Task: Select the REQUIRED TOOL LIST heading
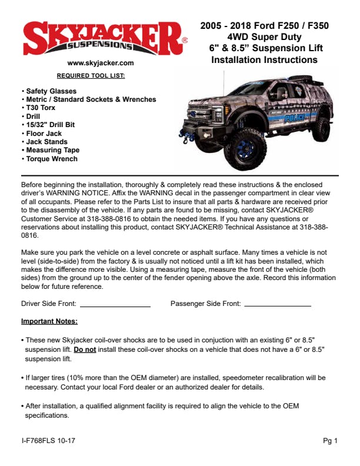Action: (91, 76)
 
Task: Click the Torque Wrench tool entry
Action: (51, 159)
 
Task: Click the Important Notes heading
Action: (49, 321)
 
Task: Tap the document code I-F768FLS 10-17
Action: (48, 441)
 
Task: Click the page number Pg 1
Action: (330, 441)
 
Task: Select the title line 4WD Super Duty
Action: (264, 36)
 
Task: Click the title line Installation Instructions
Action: (264, 59)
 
